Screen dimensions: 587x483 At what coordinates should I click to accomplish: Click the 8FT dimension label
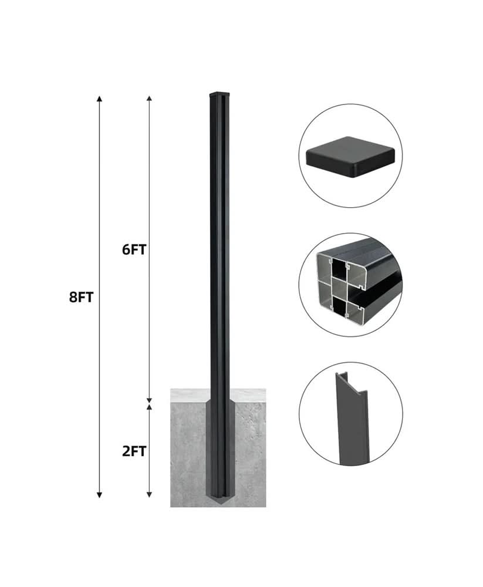[x=82, y=297]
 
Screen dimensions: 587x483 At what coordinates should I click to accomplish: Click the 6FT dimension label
[x=134, y=249]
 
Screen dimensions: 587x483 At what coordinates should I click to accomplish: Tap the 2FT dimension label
[x=134, y=451]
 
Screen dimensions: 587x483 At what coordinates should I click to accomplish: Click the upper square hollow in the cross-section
[x=340, y=269]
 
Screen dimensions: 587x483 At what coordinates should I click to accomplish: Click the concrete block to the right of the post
[x=246, y=452]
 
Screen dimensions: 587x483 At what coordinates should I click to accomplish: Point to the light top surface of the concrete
[x=246, y=395]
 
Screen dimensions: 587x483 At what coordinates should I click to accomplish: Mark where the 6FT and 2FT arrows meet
[x=150, y=401]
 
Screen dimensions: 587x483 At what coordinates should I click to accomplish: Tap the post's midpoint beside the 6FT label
[x=218, y=249]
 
